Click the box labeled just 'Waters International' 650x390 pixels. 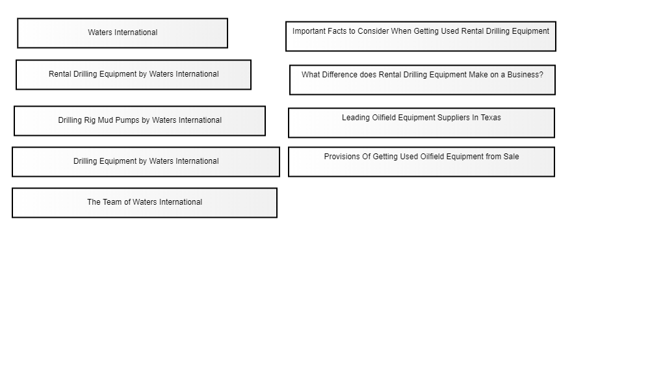point(122,33)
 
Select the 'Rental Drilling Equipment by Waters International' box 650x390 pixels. point(133,75)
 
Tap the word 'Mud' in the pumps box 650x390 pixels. point(106,120)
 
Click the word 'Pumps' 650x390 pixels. point(127,120)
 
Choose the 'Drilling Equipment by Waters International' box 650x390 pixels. point(146,162)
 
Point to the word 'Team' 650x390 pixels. point(112,202)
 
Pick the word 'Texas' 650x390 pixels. point(491,118)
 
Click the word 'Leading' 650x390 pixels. point(356,118)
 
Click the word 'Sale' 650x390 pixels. point(511,157)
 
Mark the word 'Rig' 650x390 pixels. point(90,121)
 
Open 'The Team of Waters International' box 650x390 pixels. point(145,203)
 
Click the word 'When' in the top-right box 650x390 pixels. point(401,31)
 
